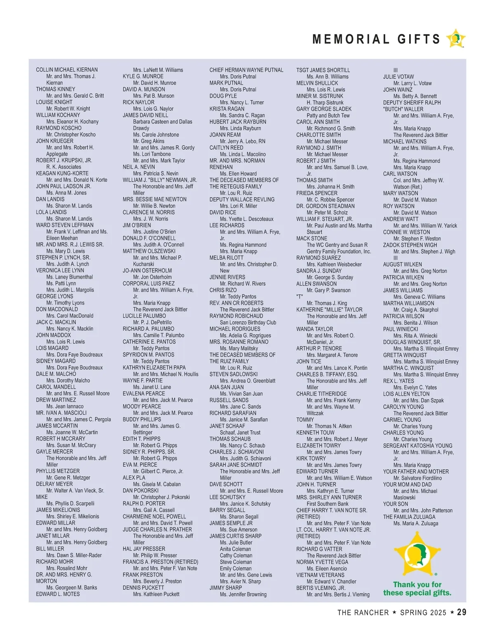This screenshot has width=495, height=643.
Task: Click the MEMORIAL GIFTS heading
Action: [376, 39]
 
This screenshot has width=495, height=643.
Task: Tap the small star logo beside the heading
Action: [456, 39]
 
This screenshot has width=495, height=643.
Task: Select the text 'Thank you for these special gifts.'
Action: [417, 589]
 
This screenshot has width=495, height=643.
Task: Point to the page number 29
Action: [462, 612]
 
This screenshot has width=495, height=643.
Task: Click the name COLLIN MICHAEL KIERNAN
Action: [67, 70]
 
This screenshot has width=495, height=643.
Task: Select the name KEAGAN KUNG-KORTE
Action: [62, 173]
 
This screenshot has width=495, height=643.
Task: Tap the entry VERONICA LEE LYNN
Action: [60, 270]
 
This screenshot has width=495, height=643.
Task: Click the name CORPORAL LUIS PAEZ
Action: [148, 284]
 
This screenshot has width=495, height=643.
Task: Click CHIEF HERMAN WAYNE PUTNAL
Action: [246, 70]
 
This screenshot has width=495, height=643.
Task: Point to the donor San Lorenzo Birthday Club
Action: [248, 322]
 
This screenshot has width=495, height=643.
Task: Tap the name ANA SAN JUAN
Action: [226, 387]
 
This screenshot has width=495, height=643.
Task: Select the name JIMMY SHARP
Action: [226, 588]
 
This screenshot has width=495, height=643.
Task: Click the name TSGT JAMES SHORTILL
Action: [323, 70]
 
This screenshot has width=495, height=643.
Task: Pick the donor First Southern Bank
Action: [328, 504]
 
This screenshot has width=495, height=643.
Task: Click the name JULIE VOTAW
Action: [398, 77]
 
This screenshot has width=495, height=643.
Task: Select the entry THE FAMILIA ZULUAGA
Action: [409, 517]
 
